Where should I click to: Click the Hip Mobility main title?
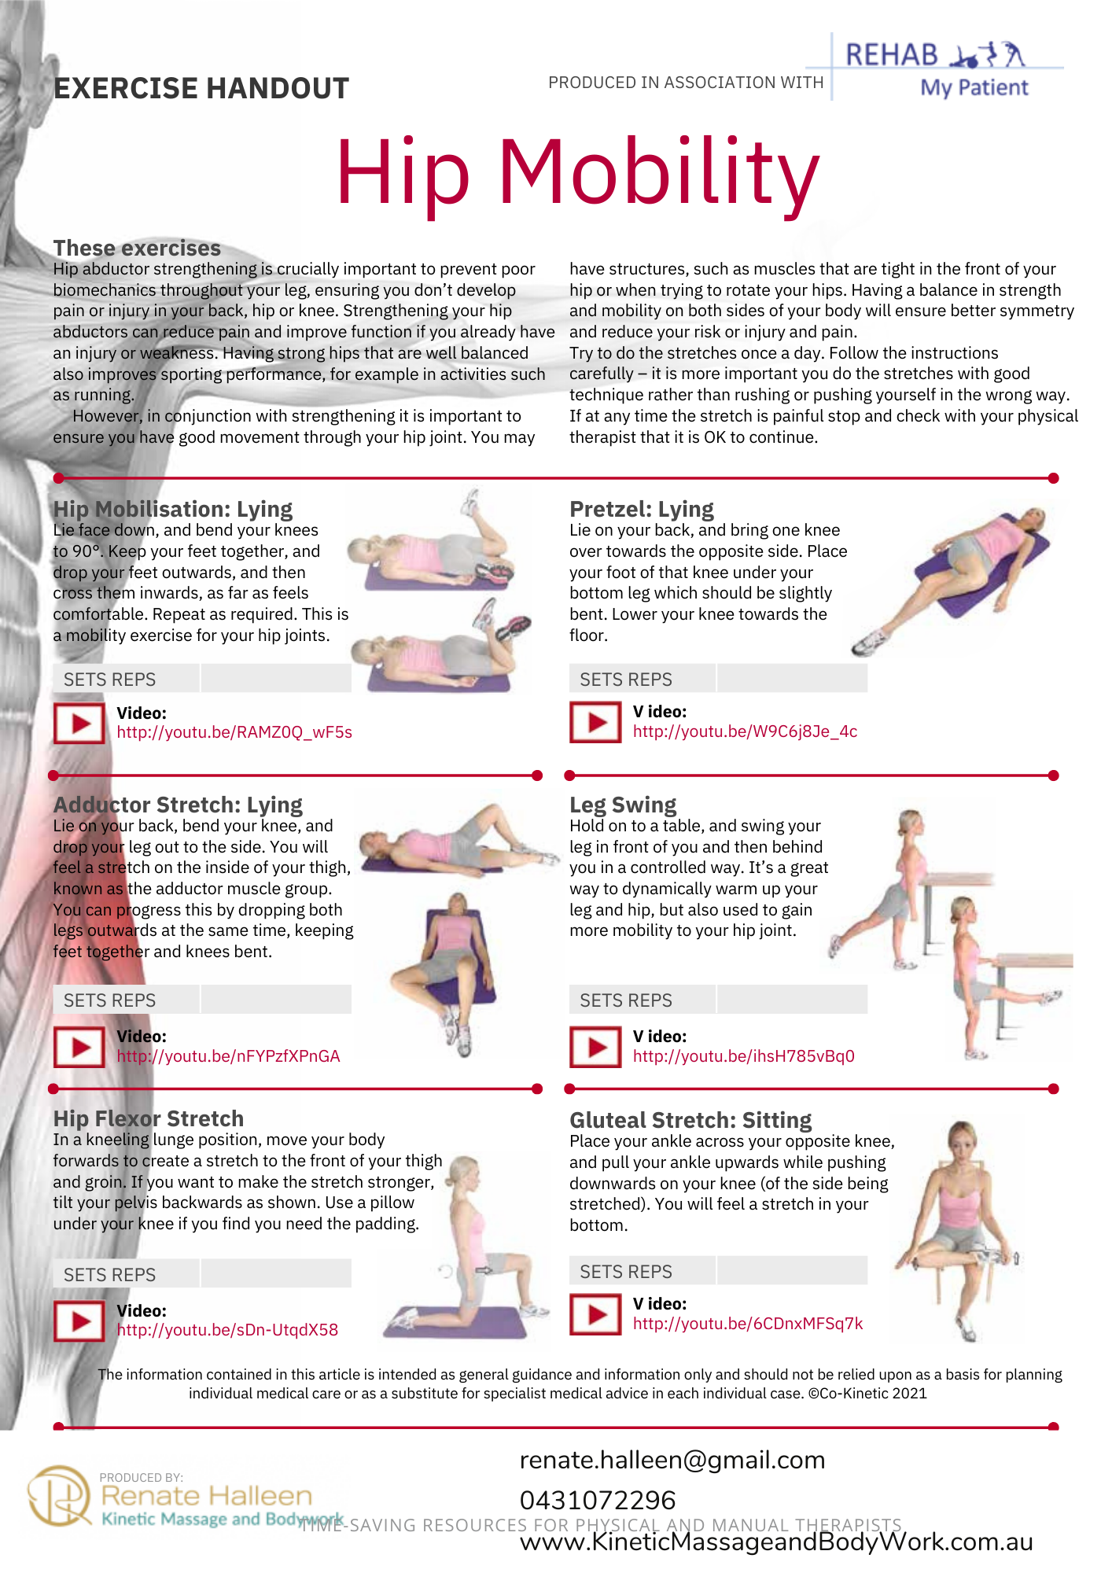pos(578,173)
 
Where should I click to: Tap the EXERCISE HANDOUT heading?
pos(201,88)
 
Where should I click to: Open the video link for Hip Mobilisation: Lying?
pos(234,732)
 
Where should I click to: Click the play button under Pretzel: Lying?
pos(595,722)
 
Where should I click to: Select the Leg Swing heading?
pos(623,805)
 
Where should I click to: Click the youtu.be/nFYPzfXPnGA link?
pos(228,1056)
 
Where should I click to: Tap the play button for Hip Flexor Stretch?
pos(79,1321)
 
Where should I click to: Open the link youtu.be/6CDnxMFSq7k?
pos(748,1324)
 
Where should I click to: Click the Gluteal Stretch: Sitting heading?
pos(690,1120)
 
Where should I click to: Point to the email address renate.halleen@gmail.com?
pos(672,1460)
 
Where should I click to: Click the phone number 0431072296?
pos(598,1500)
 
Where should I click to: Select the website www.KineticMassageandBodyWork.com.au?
pos(776,1542)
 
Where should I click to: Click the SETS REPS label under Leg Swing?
pos(626,1000)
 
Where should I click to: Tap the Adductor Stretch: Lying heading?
pos(178,805)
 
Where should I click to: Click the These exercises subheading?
pos(137,248)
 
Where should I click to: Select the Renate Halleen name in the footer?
pos(207,1495)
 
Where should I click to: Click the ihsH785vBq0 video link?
pos(744,1056)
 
